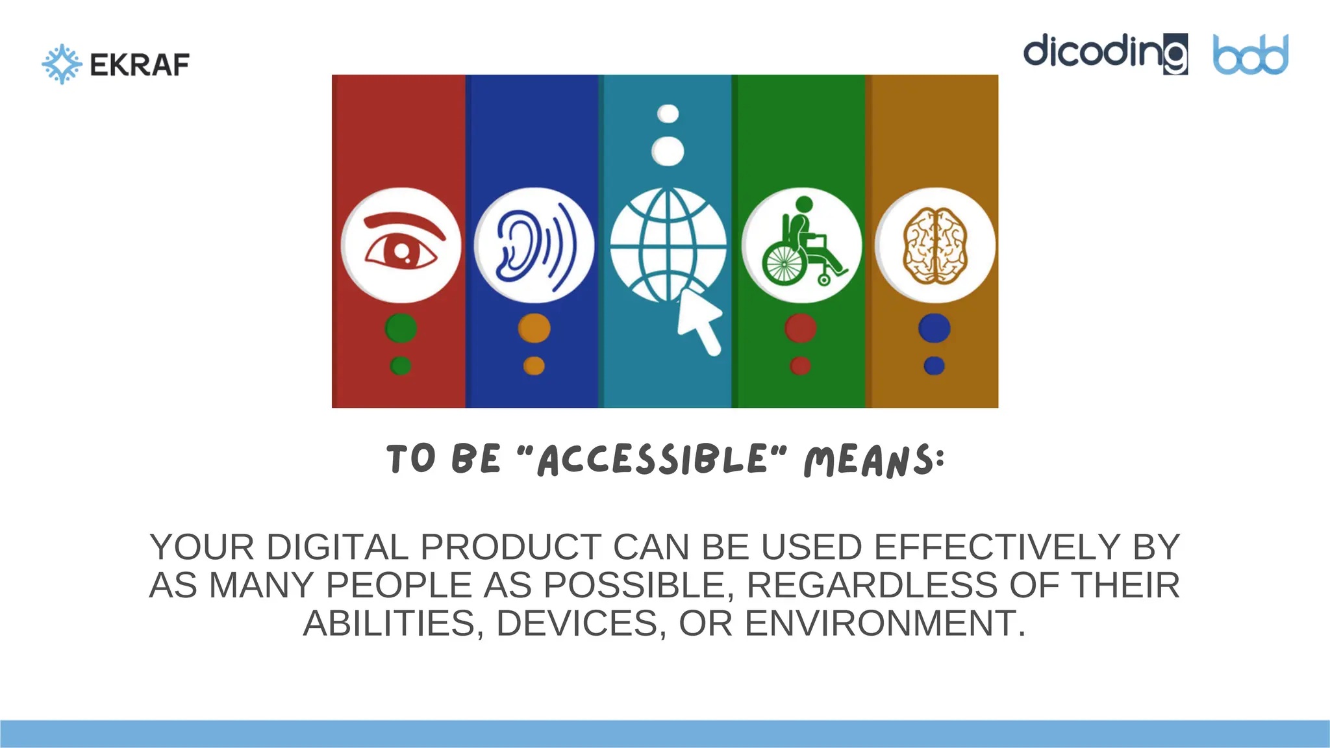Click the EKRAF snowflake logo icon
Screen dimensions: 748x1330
point(62,64)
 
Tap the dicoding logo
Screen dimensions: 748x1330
point(1105,53)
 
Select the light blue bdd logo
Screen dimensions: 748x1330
point(1250,55)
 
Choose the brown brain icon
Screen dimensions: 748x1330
point(935,245)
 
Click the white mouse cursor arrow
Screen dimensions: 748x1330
point(699,321)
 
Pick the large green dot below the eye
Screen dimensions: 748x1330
point(401,328)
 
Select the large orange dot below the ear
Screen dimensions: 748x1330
point(534,328)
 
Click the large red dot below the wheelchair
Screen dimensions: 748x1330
point(800,328)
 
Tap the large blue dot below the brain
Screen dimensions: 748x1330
point(934,328)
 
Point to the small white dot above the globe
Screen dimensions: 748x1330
point(668,114)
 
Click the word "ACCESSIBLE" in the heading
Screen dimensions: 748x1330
point(652,459)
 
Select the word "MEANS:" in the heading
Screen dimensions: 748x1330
point(874,460)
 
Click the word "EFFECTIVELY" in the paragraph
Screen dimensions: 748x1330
point(997,547)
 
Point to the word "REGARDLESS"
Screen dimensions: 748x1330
point(872,585)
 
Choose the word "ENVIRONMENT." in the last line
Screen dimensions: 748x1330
point(885,623)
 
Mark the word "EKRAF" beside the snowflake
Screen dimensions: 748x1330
point(140,65)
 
